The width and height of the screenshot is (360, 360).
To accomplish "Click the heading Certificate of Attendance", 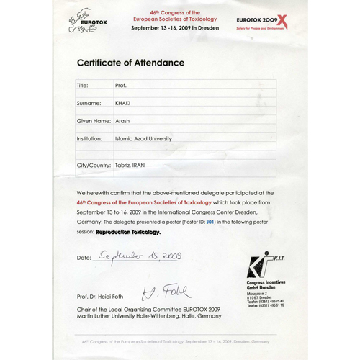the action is (130, 63).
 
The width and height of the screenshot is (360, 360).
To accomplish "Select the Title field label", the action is (82, 85).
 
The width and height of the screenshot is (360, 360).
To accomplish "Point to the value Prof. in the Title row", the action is (121, 85).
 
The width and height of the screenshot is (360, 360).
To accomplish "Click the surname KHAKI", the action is (124, 103).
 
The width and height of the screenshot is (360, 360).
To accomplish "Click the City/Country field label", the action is (94, 166).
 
